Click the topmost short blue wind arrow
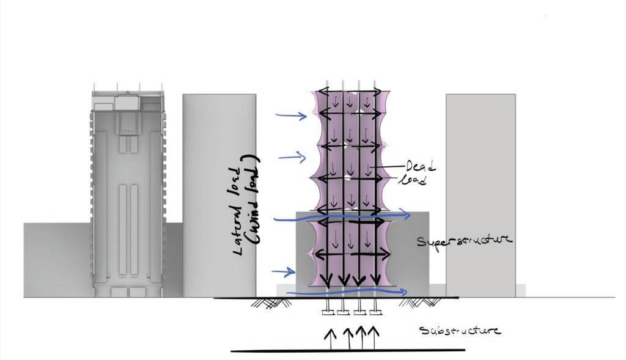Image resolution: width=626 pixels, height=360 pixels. click(x=292, y=115)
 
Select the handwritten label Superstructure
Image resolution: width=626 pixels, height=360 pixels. click(x=464, y=241)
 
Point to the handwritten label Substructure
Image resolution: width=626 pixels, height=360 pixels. click(x=460, y=331)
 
